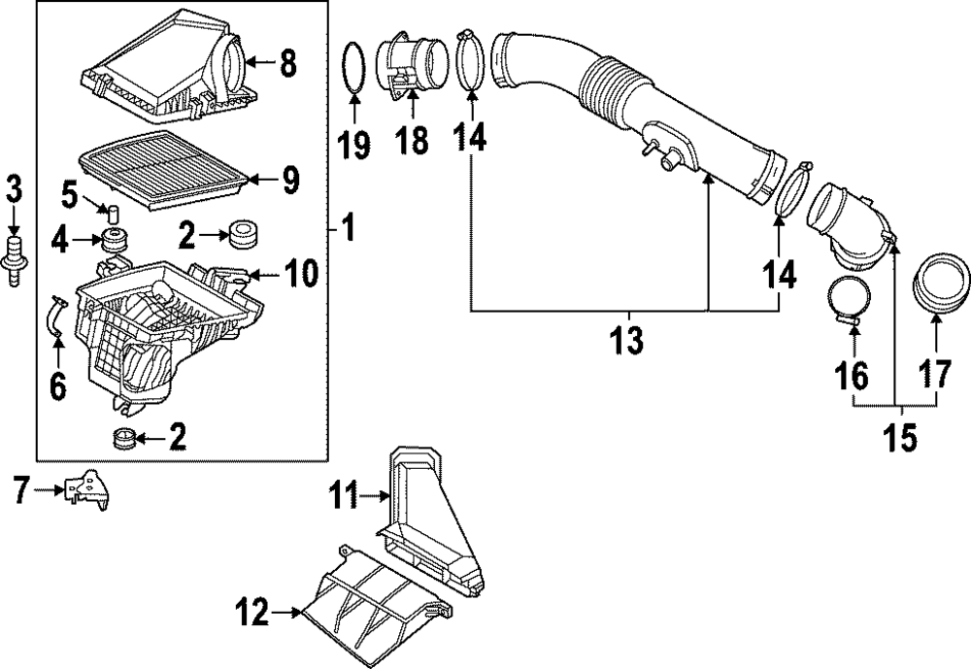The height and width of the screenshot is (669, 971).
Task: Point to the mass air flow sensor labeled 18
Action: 416,69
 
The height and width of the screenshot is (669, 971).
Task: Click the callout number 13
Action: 627,341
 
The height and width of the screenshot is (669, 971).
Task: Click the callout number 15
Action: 899,437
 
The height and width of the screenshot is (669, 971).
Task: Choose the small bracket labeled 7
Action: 89,488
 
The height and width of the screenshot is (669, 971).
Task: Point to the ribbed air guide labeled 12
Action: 374,607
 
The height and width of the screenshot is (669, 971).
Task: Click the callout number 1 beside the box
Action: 347,230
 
